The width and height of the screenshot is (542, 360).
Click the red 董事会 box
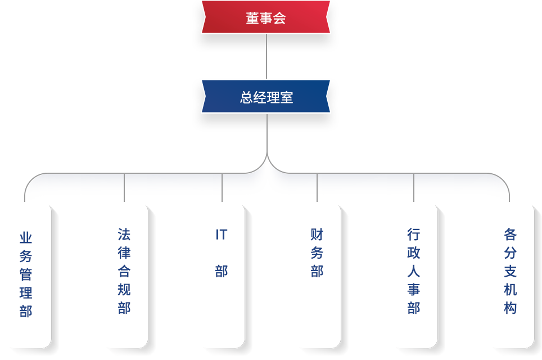click(x=266, y=17)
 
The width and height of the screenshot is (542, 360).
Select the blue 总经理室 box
click(x=266, y=97)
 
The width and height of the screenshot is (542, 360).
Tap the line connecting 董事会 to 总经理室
click(x=267, y=56)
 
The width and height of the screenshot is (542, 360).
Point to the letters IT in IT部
click(x=221, y=235)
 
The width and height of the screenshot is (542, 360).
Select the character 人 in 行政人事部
click(x=414, y=271)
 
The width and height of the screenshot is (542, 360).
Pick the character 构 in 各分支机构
click(x=511, y=308)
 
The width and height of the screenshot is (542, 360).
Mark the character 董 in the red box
click(x=252, y=18)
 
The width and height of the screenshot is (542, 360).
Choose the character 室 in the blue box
click(x=287, y=97)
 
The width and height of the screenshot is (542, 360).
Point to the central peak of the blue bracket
click(x=267, y=164)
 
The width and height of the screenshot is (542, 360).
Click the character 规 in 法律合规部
click(x=124, y=290)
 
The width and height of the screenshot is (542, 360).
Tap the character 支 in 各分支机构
click(x=511, y=271)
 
